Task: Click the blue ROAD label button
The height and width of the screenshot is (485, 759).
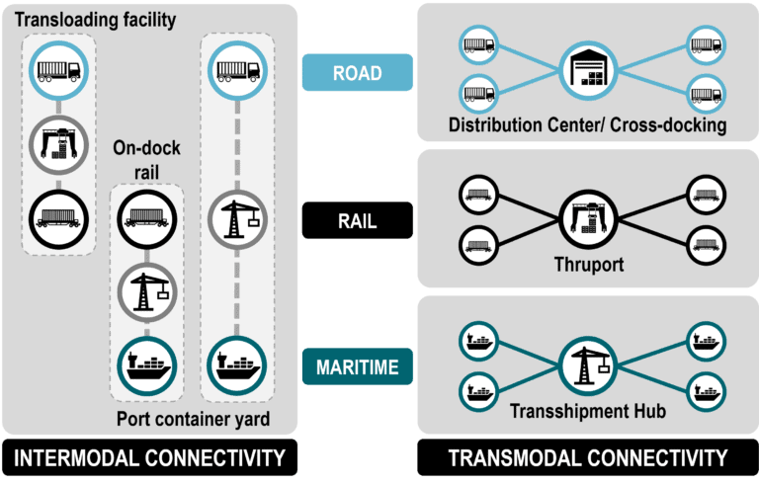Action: pyautogui.click(x=357, y=72)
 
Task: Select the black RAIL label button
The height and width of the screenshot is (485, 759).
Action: pyautogui.click(x=357, y=220)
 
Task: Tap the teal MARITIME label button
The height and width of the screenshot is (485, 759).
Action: pyautogui.click(x=357, y=368)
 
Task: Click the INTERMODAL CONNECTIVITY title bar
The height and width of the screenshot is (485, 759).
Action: pyautogui.click(x=149, y=458)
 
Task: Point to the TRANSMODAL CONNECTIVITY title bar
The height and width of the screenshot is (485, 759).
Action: pyautogui.click(x=587, y=458)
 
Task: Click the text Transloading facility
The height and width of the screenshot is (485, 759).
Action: pyautogui.click(x=94, y=19)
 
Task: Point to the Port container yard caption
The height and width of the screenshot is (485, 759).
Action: pyautogui.click(x=193, y=419)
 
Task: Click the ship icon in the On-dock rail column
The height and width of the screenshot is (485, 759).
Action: pyautogui.click(x=146, y=364)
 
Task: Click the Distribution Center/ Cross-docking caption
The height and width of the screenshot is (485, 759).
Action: pyautogui.click(x=587, y=125)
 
